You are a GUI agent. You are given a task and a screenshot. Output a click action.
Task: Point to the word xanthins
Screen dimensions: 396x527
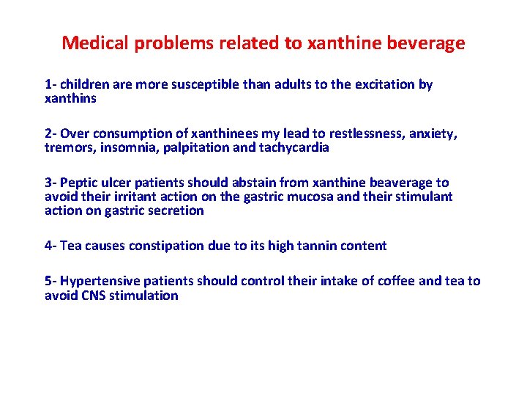pos(70,98)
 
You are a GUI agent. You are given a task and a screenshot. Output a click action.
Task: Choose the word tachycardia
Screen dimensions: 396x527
pos(293,147)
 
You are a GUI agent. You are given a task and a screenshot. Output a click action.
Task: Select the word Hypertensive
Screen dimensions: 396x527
pos(98,281)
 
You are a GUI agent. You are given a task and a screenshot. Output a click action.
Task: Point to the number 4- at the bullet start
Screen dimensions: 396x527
pos(51,246)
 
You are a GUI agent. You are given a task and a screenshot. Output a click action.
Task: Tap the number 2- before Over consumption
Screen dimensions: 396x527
pos(51,133)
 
